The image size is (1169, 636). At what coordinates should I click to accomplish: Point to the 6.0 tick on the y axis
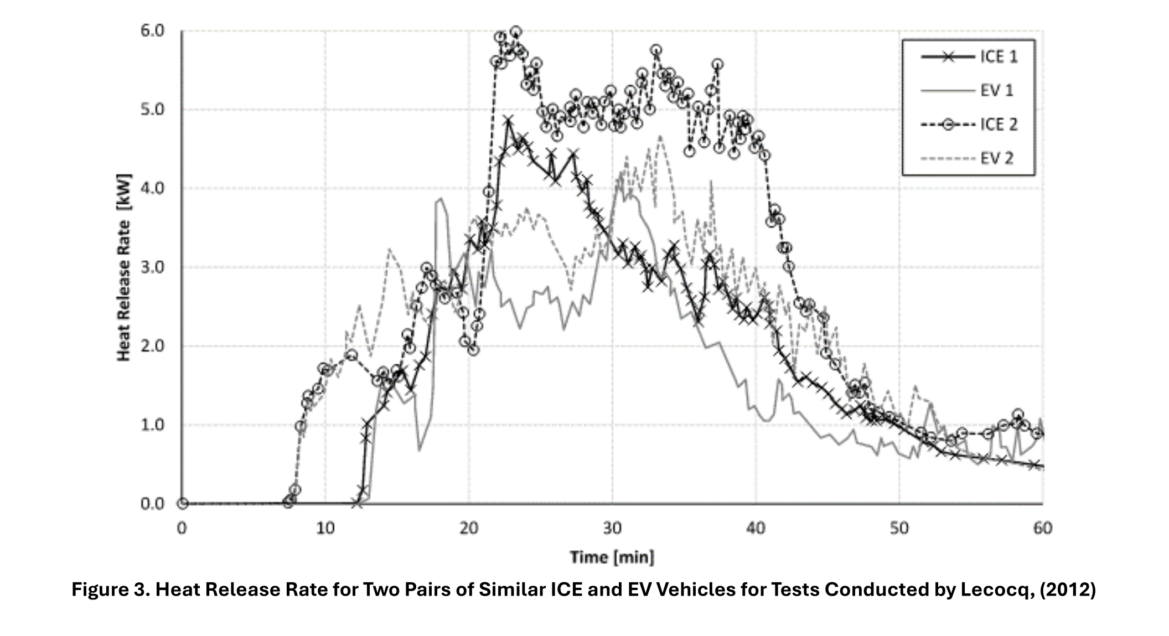pyautogui.click(x=152, y=31)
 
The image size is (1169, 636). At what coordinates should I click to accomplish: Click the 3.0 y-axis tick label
pyautogui.click(x=152, y=267)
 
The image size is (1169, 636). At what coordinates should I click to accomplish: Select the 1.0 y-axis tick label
pyautogui.click(x=152, y=425)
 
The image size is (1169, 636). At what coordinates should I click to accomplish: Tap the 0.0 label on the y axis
pyautogui.click(x=152, y=504)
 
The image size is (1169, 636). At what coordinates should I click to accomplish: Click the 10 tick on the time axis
pyautogui.click(x=325, y=528)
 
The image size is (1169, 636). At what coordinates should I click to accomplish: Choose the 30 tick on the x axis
pyautogui.click(x=612, y=528)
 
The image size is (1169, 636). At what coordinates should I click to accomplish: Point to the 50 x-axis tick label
pyautogui.click(x=899, y=528)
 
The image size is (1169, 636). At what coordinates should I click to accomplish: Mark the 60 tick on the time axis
pyautogui.click(x=1042, y=528)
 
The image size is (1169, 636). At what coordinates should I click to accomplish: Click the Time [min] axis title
pyautogui.click(x=612, y=557)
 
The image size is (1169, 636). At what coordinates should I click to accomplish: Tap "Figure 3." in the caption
pyautogui.click(x=110, y=590)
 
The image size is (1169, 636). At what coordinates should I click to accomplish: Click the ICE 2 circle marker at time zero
pyautogui.click(x=183, y=504)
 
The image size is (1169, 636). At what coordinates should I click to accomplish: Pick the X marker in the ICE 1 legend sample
pyautogui.click(x=948, y=57)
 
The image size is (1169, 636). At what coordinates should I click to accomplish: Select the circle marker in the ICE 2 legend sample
pyautogui.click(x=948, y=125)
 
